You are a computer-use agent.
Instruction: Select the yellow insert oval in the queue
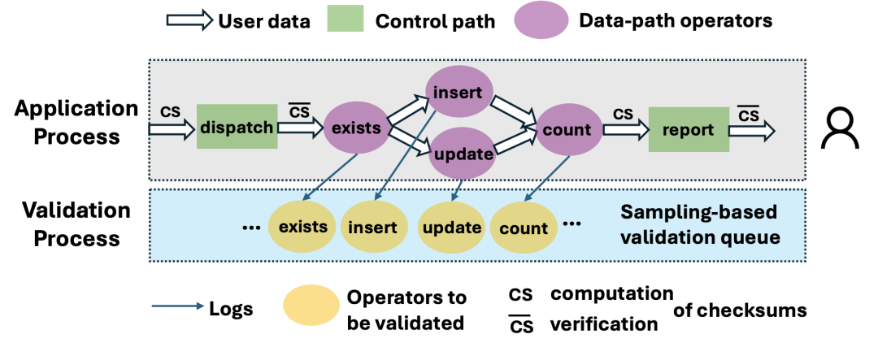point(372,227)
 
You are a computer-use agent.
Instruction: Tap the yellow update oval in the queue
point(452,227)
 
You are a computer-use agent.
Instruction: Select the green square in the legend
point(346,21)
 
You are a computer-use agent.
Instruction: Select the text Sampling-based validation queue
point(699,226)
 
